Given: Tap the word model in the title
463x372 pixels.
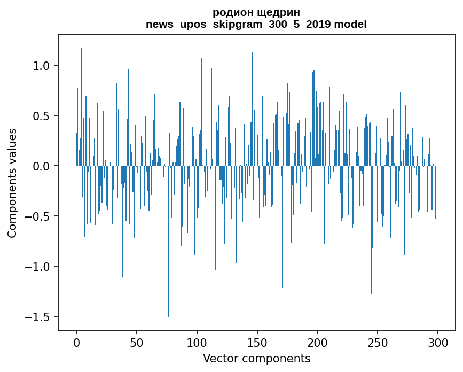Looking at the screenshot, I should click(x=350, y=24).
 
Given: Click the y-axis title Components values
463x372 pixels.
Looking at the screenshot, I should click(x=12, y=183).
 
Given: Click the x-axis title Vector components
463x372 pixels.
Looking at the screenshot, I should click(x=256, y=358).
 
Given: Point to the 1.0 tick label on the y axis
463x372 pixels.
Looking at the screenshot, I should click(x=42, y=66).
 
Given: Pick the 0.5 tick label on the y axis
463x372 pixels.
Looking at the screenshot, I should click(x=42, y=116).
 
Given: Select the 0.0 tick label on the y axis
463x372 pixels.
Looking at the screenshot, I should click(x=42, y=166).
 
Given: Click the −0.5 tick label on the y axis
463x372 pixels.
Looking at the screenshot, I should click(x=38, y=216).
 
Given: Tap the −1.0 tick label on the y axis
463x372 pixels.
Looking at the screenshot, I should click(x=38, y=267).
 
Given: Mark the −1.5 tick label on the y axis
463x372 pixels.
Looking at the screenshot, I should click(x=38, y=317).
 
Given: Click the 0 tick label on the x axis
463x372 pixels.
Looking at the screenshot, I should click(x=76, y=342).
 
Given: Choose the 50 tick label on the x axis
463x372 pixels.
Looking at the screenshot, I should click(x=137, y=342).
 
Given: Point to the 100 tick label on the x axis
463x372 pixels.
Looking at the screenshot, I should click(x=197, y=342).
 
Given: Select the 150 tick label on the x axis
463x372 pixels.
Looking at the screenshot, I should click(x=257, y=342).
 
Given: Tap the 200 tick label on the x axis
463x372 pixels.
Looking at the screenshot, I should click(x=317, y=342).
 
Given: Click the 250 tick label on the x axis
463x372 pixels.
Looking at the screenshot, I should click(x=378, y=342).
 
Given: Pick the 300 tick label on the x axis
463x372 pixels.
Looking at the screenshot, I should click(x=438, y=342).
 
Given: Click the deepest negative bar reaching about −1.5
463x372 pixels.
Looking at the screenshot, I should click(x=168, y=267).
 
